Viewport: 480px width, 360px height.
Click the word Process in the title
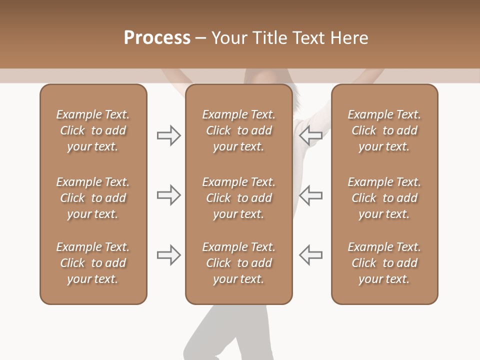click(x=157, y=38)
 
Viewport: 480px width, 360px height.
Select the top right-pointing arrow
click(x=169, y=135)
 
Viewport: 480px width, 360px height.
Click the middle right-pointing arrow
click(x=169, y=195)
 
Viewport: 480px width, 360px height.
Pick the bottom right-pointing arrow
click(x=169, y=255)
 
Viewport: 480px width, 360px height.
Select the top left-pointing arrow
click(x=310, y=135)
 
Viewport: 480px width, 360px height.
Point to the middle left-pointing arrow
click(x=310, y=195)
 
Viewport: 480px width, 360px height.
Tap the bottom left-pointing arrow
click(x=310, y=255)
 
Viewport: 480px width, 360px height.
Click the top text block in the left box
click(x=93, y=130)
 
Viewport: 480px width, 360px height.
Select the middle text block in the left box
click(x=93, y=198)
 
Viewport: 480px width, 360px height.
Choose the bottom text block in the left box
click(x=93, y=263)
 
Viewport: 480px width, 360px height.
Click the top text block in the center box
click(x=238, y=130)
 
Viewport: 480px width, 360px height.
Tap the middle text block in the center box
click(x=238, y=198)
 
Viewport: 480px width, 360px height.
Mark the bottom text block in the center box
click(x=238, y=263)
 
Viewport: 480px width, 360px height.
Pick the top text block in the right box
click(x=384, y=130)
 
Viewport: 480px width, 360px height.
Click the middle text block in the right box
click(x=384, y=198)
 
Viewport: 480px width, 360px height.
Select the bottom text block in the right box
click(x=384, y=263)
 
